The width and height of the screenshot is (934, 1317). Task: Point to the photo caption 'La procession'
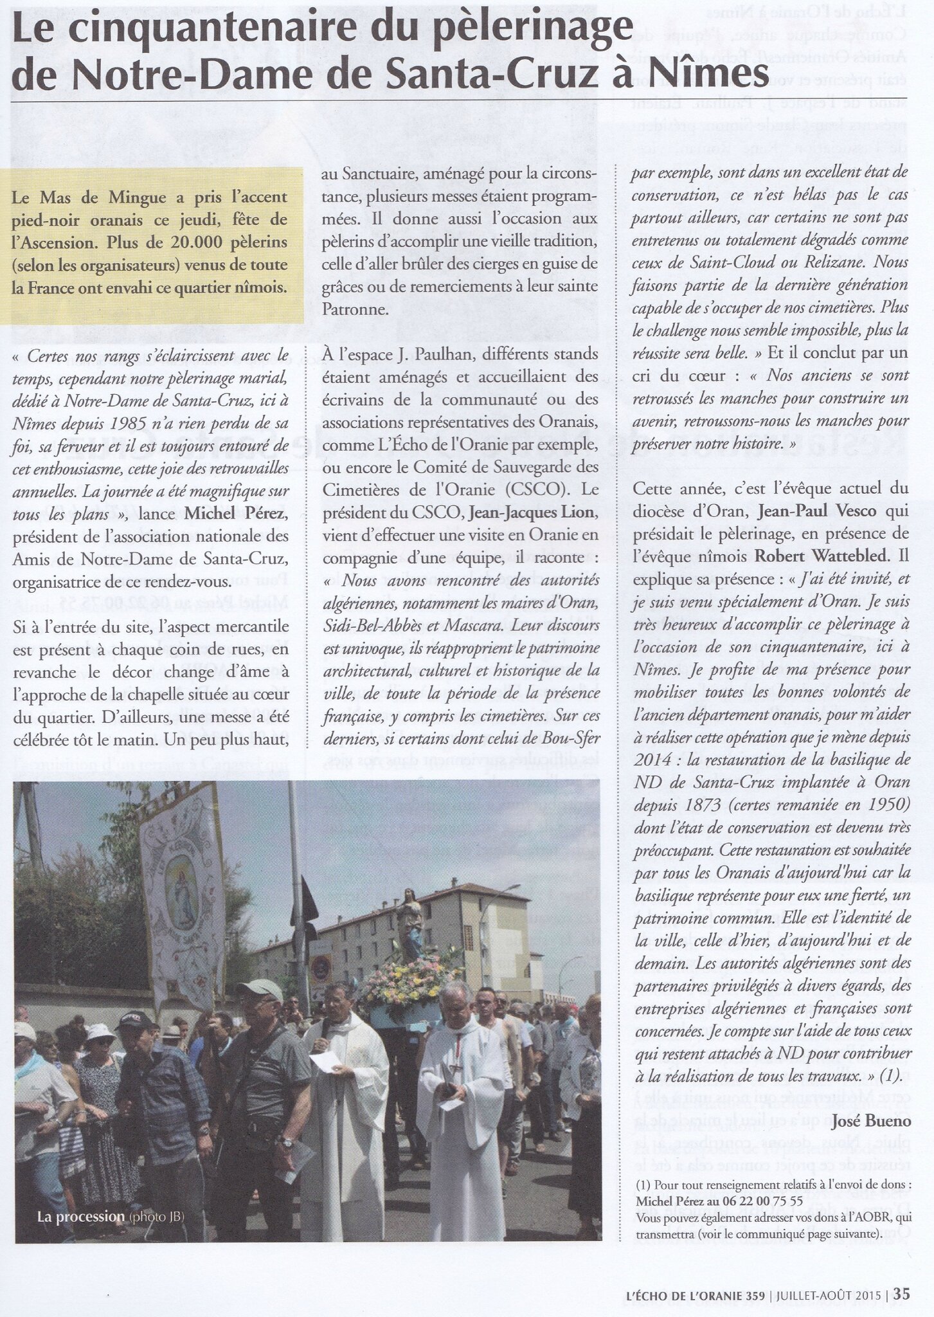click(x=80, y=1199)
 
